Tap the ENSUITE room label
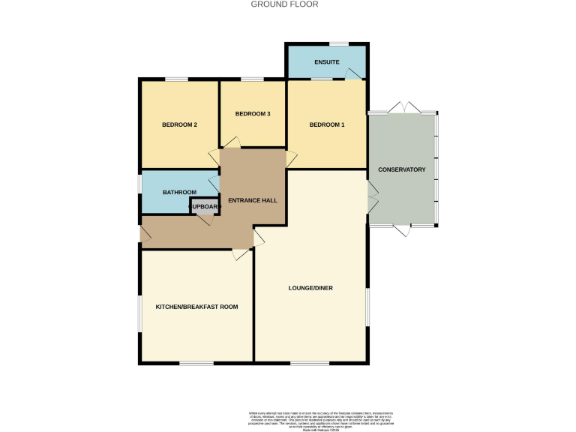coord(325,61)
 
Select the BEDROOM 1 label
coord(327,124)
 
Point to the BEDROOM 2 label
coord(179,124)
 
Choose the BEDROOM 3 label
coord(252,114)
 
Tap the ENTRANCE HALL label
coord(253,201)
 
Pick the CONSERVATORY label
coord(401,169)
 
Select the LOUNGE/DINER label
coord(310,288)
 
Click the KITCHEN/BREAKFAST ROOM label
coord(196,307)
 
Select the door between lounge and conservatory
coord(372,197)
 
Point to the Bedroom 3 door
coord(232,142)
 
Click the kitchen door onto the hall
coord(241,255)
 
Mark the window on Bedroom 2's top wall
coord(177,79)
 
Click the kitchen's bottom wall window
coord(196,364)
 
